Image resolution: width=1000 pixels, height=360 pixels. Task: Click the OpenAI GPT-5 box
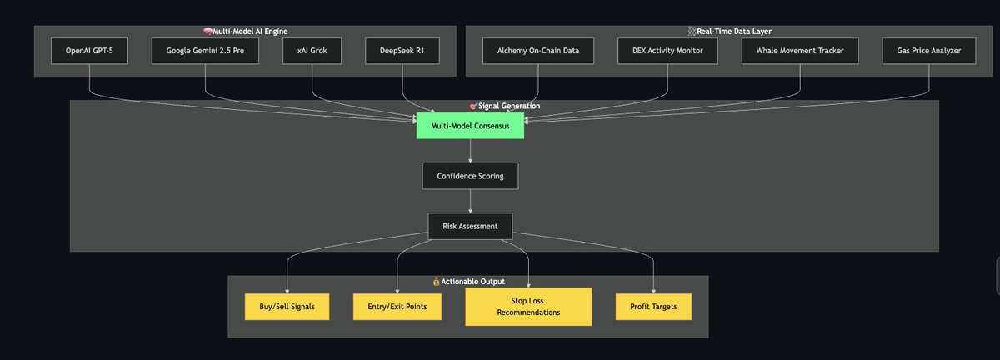(89, 51)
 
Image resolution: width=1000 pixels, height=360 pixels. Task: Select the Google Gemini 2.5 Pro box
(204, 51)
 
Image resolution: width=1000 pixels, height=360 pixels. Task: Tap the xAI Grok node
(312, 51)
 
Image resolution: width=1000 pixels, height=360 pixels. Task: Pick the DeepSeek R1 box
(402, 51)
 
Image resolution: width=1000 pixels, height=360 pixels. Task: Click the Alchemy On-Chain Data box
(537, 51)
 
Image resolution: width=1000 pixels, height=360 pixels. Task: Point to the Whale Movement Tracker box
(799, 51)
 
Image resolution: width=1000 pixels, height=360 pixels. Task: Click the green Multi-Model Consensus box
(470, 126)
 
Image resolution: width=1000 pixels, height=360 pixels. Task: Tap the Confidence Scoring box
(470, 176)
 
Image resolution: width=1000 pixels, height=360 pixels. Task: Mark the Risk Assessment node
(470, 226)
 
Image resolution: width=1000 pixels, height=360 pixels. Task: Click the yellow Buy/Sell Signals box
(287, 307)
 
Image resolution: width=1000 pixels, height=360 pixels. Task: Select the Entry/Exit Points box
(397, 307)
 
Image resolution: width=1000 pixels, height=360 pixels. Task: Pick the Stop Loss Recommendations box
(528, 307)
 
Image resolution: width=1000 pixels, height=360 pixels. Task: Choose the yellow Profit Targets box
(652, 307)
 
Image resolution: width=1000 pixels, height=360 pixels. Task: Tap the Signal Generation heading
(509, 106)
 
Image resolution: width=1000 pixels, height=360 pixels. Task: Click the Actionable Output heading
(473, 282)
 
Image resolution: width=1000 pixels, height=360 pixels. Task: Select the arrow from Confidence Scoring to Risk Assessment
(470, 201)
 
